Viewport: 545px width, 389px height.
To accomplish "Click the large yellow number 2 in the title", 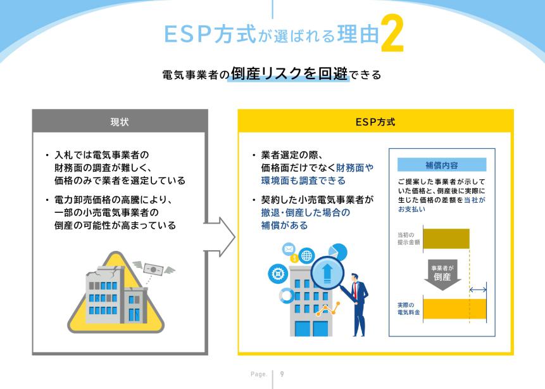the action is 392,34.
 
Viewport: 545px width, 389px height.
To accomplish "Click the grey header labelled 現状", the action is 120,122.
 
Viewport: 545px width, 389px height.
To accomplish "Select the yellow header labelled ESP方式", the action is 375,122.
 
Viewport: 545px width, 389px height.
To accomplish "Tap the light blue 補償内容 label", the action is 442,165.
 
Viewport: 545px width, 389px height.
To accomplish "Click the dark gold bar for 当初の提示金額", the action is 446,239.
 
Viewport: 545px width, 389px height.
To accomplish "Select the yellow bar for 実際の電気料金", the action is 454,309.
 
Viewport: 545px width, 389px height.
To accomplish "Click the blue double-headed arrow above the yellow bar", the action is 478,290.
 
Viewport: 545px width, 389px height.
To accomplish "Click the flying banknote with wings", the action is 154,269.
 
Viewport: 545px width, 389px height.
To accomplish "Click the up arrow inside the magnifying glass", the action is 327,274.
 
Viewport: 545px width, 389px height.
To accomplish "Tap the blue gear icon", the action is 278,274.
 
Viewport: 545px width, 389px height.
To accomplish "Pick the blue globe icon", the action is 306,256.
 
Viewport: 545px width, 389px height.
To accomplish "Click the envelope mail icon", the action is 289,249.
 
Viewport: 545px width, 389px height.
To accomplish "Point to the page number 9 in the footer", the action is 282,374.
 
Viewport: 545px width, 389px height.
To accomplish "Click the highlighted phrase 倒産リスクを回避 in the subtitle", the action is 289,73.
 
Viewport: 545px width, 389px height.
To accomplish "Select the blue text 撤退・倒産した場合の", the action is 306,213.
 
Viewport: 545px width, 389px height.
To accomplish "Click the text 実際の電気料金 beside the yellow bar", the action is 408,309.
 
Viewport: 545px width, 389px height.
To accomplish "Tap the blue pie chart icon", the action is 337,252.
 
